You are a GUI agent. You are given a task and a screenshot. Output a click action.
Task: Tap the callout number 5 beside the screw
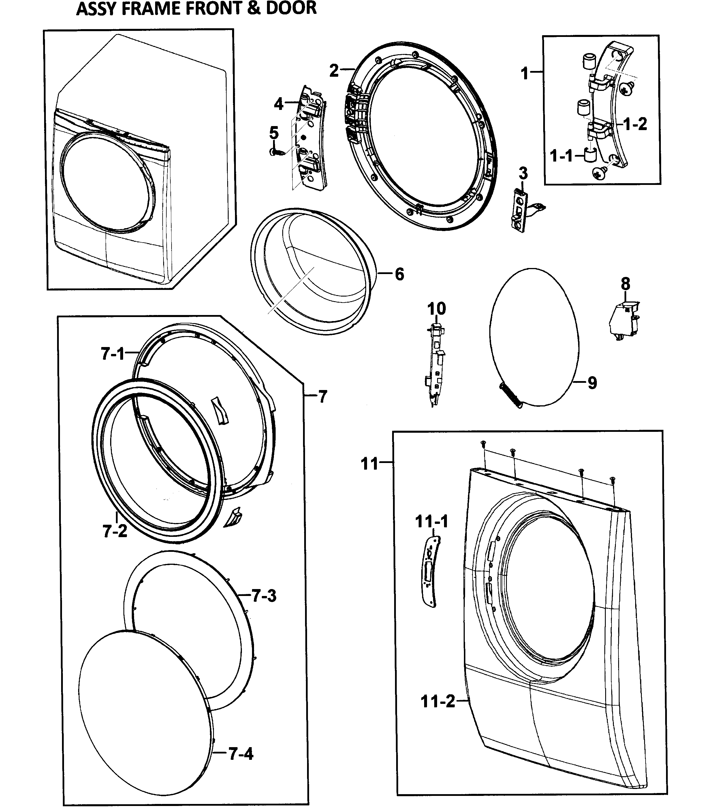[x=274, y=132]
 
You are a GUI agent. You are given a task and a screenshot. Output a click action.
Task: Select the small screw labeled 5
[x=278, y=152]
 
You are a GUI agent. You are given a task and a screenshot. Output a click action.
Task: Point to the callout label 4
[x=279, y=104]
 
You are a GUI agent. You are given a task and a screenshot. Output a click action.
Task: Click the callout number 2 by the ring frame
[x=334, y=71]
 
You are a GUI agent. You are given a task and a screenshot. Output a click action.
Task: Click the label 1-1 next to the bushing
[x=561, y=155]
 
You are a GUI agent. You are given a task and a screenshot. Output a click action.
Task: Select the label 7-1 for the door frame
[x=113, y=354]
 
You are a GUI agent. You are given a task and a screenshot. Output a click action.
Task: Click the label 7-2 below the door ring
[x=115, y=531]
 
